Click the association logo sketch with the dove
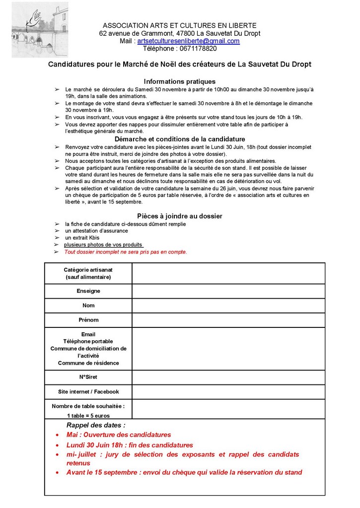[x=40, y=30]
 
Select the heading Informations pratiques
[x=180, y=81]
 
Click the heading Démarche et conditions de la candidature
[x=180, y=139]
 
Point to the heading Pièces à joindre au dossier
[x=180, y=216]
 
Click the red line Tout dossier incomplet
[x=126, y=252]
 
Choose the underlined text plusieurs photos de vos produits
[x=104, y=245]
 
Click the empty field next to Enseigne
[x=228, y=291]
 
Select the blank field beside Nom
[x=228, y=306]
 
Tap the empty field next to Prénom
[x=228, y=320]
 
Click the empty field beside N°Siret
[x=228, y=377]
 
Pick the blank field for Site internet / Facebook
[x=228, y=392]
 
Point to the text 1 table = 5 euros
[x=88, y=416]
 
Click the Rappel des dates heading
[x=96, y=425]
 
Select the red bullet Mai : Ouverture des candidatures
[x=119, y=435]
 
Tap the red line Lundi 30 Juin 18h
[x=130, y=445]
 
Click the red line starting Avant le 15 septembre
[x=184, y=472]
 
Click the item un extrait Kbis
[x=82, y=238]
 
